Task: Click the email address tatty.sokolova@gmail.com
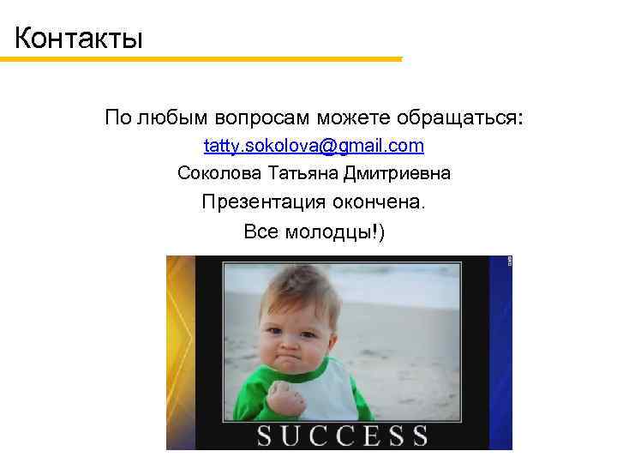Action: click(314, 146)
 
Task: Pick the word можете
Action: click(356, 117)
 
